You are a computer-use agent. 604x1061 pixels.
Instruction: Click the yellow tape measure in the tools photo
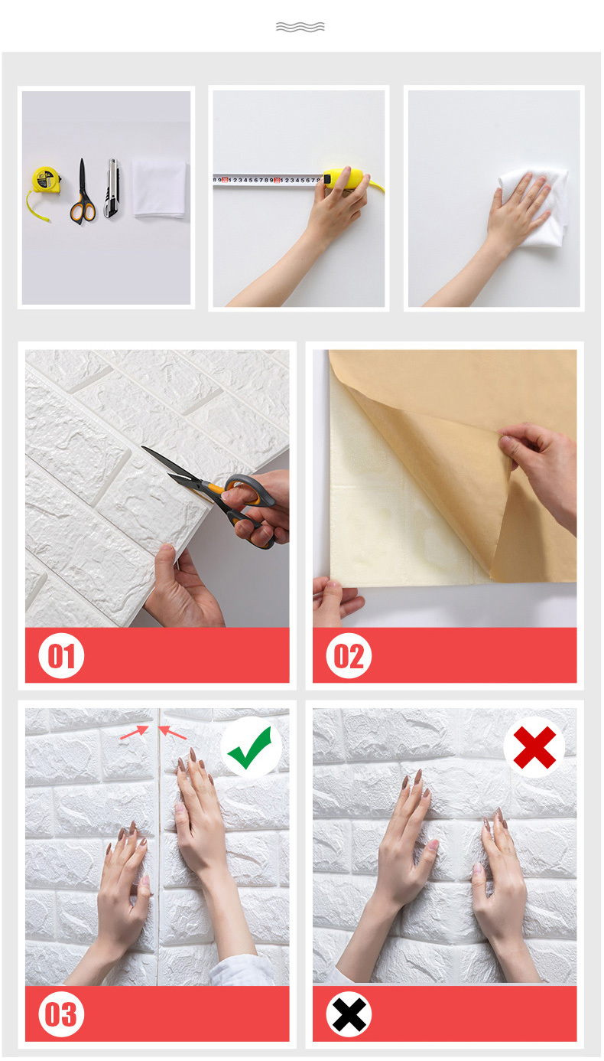click(x=45, y=181)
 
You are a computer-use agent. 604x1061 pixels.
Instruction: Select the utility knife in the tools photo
click(x=112, y=188)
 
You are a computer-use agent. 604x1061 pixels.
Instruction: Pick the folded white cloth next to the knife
click(x=159, y=189)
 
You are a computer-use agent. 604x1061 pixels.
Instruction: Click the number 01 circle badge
click(x=61, y=655)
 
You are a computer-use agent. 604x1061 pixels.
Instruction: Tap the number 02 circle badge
click(x=349, y=655)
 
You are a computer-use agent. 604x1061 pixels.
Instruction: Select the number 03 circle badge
click(x=61, y=1014)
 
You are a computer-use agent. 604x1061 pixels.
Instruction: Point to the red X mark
click(x=534, y=747)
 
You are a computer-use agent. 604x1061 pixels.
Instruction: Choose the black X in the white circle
click(x=349, y=1014)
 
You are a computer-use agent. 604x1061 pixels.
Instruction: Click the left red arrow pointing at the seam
click(x=135, y=733)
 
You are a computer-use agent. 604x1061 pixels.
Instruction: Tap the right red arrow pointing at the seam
click(x=172, y=733)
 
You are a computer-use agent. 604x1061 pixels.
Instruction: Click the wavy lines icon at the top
click(x=300, y=27)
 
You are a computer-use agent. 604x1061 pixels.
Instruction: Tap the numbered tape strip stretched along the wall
click(x=268, y=181)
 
